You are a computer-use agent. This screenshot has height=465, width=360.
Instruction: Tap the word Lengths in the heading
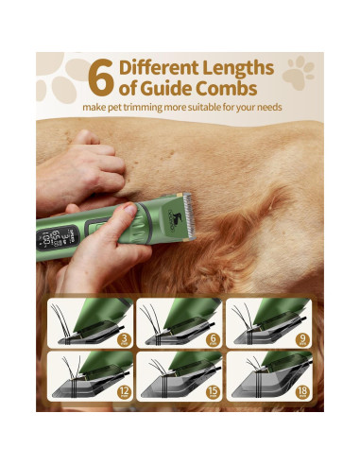coord(241,67)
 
